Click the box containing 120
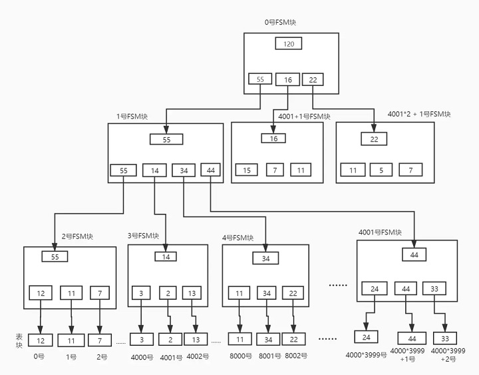(x=288, y=43)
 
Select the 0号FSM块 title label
(x=280, y=23)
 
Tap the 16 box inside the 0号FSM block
(x=287, y=79)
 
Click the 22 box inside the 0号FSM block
(x=313, y=79)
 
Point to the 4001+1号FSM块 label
(x=304, y=117)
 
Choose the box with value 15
(x=247, y=170)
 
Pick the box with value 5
(x=381, y=170)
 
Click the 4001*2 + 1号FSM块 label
(x=419, y=114)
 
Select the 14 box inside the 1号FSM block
(x=154, y=171)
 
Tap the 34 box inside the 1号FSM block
(x=184, y=171)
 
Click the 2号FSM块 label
(x=77, y=236)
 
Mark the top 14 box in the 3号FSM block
(x=166, y=256)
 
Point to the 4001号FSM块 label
(x=380, y=232)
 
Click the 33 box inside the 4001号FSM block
(x=434, y=288)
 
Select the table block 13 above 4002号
(x=196, y=340)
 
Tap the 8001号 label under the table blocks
(x=269, y=356)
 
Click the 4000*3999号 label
(x=366, y=355)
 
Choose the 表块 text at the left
(x=19, y=341)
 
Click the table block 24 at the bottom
(x=367, y=337)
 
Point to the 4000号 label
(x=142, y=357)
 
